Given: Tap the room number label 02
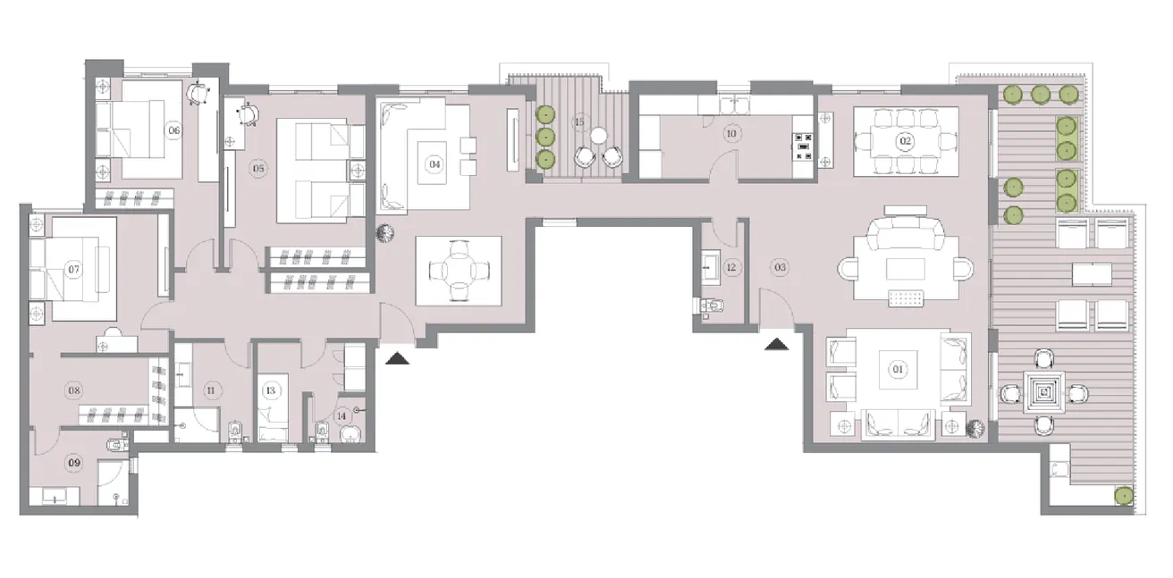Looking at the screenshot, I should (905, 141).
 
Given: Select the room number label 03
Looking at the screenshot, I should (781, 266).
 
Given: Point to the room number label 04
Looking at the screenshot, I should (435, 164).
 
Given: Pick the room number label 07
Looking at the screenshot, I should (75, 269).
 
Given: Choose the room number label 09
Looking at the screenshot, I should (75, 463).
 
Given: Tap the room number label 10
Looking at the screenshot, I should (731, 134).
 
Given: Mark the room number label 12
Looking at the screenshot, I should (730, 267).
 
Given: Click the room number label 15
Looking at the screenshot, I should (579, 121).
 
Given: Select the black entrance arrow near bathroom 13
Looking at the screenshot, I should (397, 358).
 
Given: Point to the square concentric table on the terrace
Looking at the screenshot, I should (1043, 390).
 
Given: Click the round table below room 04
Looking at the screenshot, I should (458, 268).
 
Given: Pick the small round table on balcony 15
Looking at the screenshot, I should (597, 136).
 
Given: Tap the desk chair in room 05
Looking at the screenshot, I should (247, 113).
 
